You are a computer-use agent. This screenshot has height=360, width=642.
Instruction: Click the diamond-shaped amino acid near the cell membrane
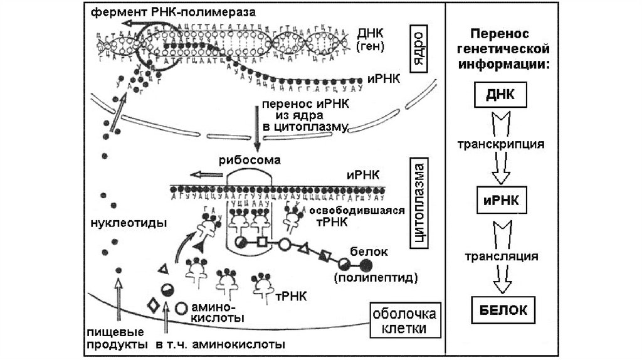tap(152, 307)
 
